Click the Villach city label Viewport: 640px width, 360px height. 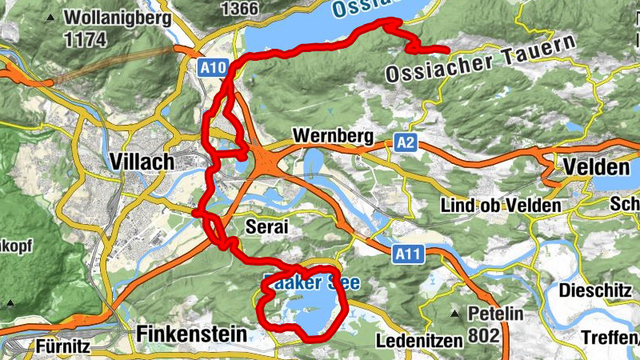139,162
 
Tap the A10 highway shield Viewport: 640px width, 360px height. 212,68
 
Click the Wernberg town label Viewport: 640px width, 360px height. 333,137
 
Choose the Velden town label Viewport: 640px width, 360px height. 596,168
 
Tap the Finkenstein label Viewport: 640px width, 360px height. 191,334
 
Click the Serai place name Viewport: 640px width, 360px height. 266,227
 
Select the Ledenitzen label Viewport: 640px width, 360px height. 419,342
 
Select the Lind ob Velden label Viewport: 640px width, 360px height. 501,206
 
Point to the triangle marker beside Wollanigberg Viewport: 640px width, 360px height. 53,17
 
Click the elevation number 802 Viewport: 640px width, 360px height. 486,334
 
